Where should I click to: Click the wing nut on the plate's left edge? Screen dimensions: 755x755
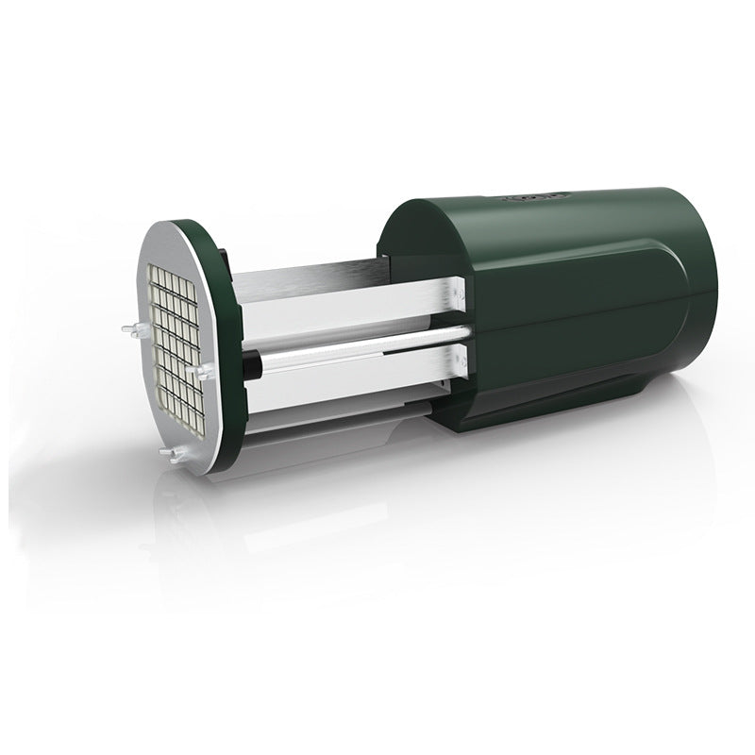pos(130,329)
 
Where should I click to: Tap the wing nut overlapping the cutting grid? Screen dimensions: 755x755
pos(197,374)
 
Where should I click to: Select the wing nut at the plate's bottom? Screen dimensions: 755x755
pos(170,454)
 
